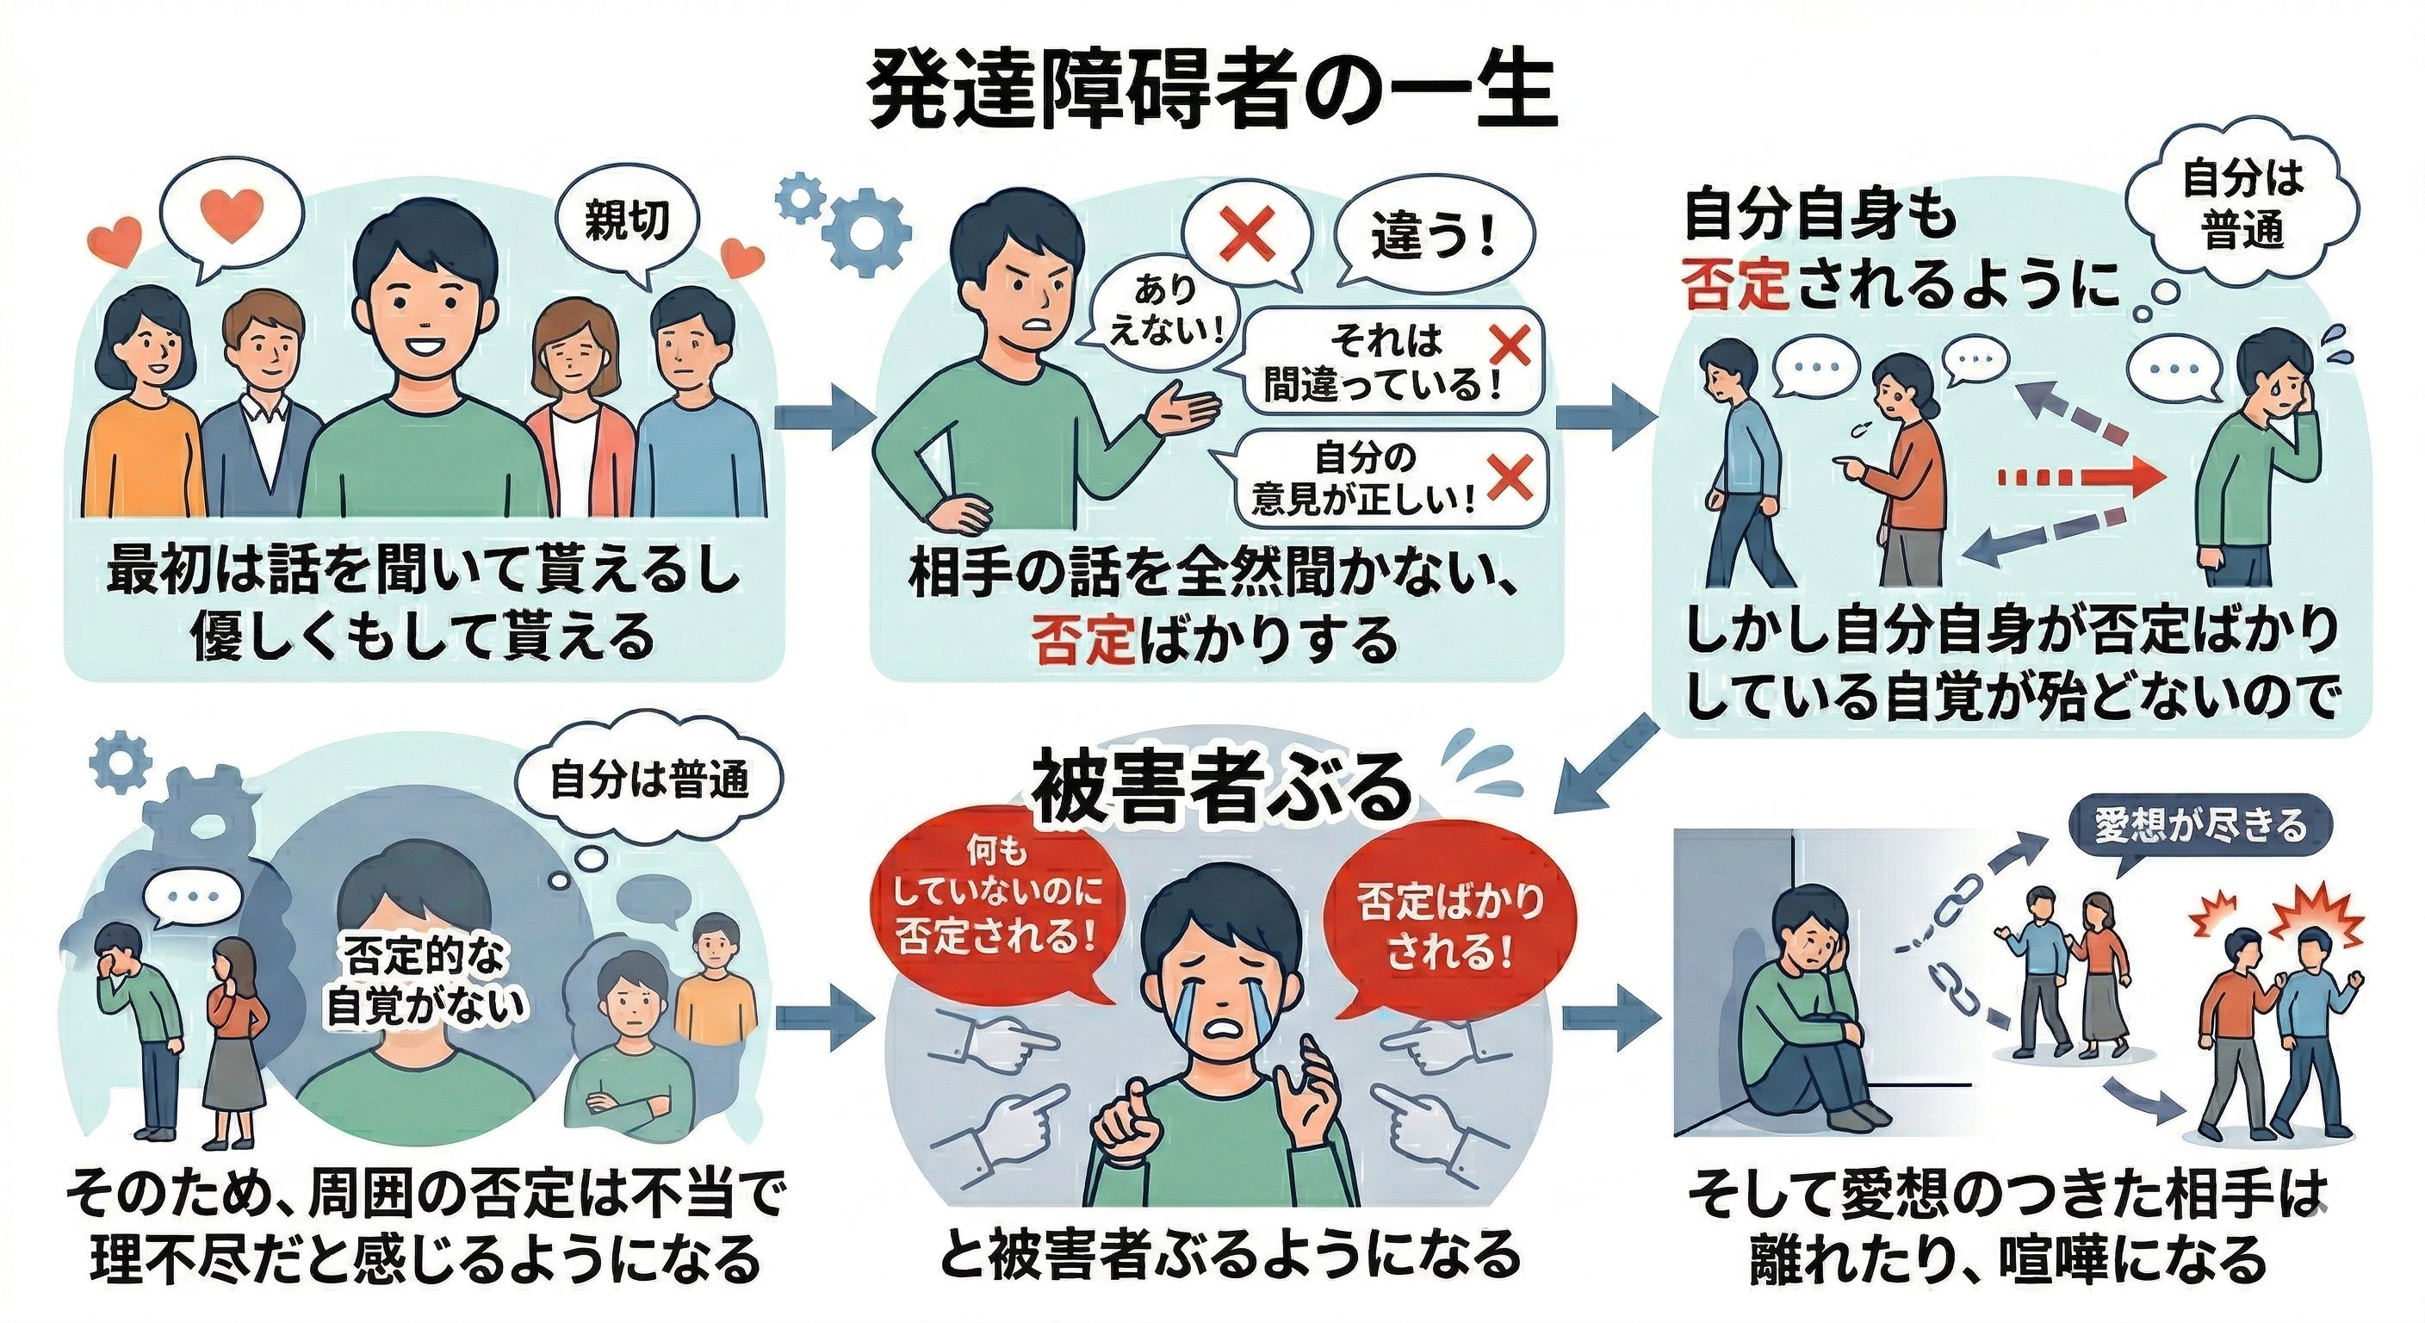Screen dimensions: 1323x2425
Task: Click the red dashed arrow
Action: click(x=2075, y=476)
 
